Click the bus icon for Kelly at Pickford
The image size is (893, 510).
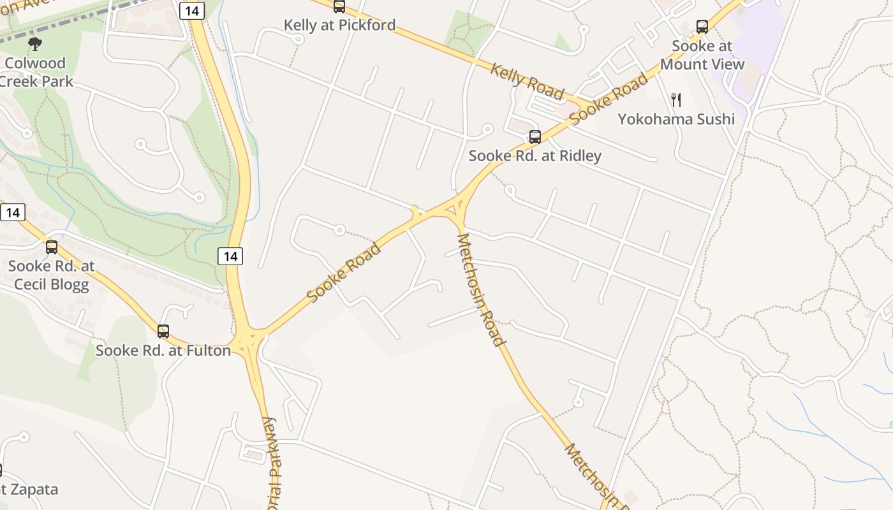click(339, 7)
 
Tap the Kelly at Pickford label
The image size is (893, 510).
click(339, 25)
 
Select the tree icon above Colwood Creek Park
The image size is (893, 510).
click(35, 44)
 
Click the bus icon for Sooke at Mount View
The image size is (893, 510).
click(702, 27)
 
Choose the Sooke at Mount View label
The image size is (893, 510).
click(702, 55)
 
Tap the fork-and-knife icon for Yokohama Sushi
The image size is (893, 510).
click(676, 100)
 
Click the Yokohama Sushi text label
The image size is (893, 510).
click(676, 119)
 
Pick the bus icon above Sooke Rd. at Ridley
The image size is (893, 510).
click(535, 137)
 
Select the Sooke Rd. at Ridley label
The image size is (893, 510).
click(535, 156)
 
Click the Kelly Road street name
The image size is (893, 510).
click(527, 81)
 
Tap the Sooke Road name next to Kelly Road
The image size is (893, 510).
click(609, 99)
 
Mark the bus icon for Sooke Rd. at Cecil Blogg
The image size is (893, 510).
click(52, 247)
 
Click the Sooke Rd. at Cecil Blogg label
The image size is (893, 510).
click(52, 275)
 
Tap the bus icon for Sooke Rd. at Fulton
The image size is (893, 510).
click(163, 331)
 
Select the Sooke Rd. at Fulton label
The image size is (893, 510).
click(163, 351)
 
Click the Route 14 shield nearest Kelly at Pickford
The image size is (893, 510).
click(191, 10)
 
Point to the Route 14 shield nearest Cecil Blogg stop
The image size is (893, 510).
click(13, 212)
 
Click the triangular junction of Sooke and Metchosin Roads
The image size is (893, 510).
click(457, 208)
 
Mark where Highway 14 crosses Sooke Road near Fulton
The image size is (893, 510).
click(250, 339)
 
